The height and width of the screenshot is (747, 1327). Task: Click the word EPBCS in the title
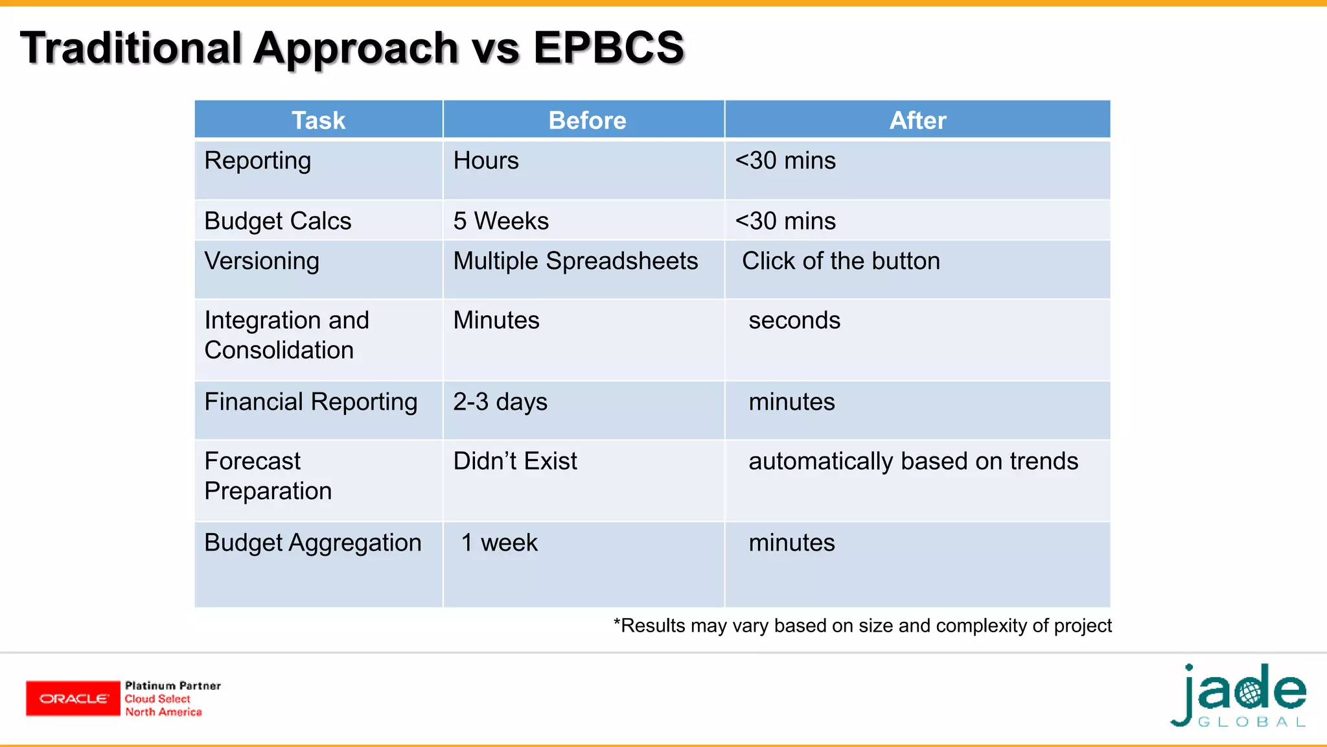point(608,48)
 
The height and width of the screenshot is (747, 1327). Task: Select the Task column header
point(318,121)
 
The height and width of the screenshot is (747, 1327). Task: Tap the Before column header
point(586,121)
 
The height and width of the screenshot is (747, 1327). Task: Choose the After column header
point(917,121)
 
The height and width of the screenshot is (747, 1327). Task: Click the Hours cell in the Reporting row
point(486,161)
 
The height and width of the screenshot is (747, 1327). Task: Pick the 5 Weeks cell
point(501,221)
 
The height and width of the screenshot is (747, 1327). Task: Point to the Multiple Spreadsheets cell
point(575,261)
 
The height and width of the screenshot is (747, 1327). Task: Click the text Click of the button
point(840,261)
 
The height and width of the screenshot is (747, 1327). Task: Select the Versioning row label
point(262,261)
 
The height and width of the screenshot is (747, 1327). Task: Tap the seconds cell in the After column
point(794,320)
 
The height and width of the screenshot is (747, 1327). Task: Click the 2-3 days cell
point(500,402)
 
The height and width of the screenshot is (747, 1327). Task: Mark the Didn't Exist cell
point(515,461)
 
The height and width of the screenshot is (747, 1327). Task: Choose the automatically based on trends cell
point(912,461)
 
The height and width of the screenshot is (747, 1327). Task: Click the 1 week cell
point(499,543)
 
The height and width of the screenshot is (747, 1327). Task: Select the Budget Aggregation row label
point(312,543)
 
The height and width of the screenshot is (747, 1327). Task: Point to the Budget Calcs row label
point(277,221)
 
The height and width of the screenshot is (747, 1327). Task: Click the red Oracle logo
point(73,698)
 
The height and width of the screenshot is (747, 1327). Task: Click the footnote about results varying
point(862,626)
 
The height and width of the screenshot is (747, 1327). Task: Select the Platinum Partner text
point(172,686)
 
